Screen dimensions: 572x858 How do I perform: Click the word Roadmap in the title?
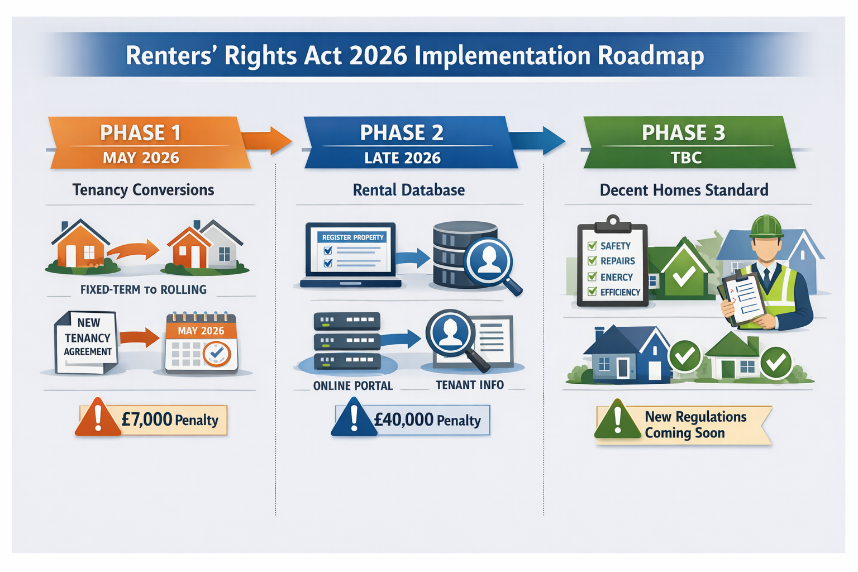(x=651, y=56)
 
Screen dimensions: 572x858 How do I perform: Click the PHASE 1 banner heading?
(x=140, y=133)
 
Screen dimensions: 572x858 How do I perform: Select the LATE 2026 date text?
(x=402, y=158)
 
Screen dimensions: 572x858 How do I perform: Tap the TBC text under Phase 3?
(x=686, y=158)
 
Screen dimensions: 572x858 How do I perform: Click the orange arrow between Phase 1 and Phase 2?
(x=267, y=140)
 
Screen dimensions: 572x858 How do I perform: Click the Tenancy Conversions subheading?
(x=143, y=190)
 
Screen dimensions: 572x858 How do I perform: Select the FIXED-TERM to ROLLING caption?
(x=143, y=290)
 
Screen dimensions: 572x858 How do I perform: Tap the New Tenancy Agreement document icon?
(x=87, y=342)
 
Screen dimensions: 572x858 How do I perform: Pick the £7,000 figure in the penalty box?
(x=146, y=420)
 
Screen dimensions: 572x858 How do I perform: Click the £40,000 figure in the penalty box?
(x=403, y=420)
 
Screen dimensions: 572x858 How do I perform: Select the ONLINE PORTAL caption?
(x=352, y=386)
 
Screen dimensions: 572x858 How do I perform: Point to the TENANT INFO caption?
(x=469, y=385)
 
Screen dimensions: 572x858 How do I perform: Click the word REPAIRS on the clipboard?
(x=617, y=261)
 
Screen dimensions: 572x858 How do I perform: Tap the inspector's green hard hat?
(x=766, y=226)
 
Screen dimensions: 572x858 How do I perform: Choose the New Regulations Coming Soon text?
(x=695, y=425)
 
